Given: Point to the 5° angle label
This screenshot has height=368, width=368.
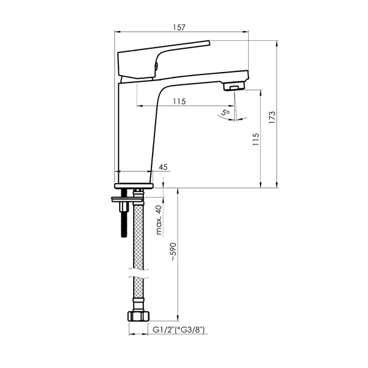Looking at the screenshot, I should (225, 112).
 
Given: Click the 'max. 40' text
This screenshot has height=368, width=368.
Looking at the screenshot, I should (159, 220).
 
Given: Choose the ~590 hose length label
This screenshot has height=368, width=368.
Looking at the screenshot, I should (173, 251).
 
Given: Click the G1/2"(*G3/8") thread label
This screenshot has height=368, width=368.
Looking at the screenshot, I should (178, 330).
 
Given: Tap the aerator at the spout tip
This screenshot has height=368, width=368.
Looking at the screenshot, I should (232, 88).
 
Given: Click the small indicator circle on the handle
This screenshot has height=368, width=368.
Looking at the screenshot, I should (157, 67).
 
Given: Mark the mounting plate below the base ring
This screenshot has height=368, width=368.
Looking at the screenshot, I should (128, 198).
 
